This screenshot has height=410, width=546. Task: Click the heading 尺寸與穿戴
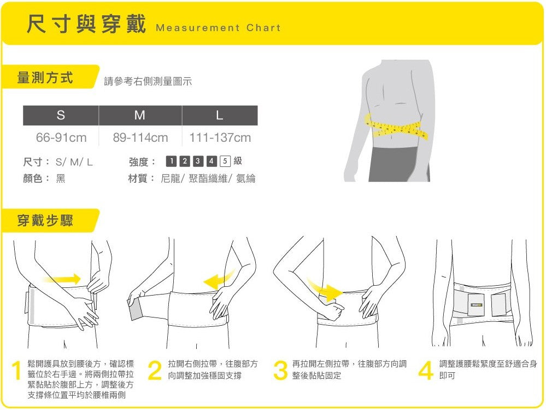click(86, 25)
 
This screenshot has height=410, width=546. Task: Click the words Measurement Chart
click(218, 28)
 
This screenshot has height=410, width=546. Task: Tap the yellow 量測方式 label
click(45, 78)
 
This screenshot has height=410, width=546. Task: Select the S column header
click(61, 116)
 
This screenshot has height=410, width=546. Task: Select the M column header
click(140, 116)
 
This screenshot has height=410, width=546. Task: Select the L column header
click(219, 116)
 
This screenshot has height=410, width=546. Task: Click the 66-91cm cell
click(61, 137)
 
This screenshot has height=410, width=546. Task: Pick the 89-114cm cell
click(140, 137)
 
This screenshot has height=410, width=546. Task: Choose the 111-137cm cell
click(220, 137)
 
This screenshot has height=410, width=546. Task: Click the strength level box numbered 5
click(225, 161)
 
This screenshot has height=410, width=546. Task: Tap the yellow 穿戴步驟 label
click(45, 221)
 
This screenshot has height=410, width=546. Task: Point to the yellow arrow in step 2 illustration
click(219, 279)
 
